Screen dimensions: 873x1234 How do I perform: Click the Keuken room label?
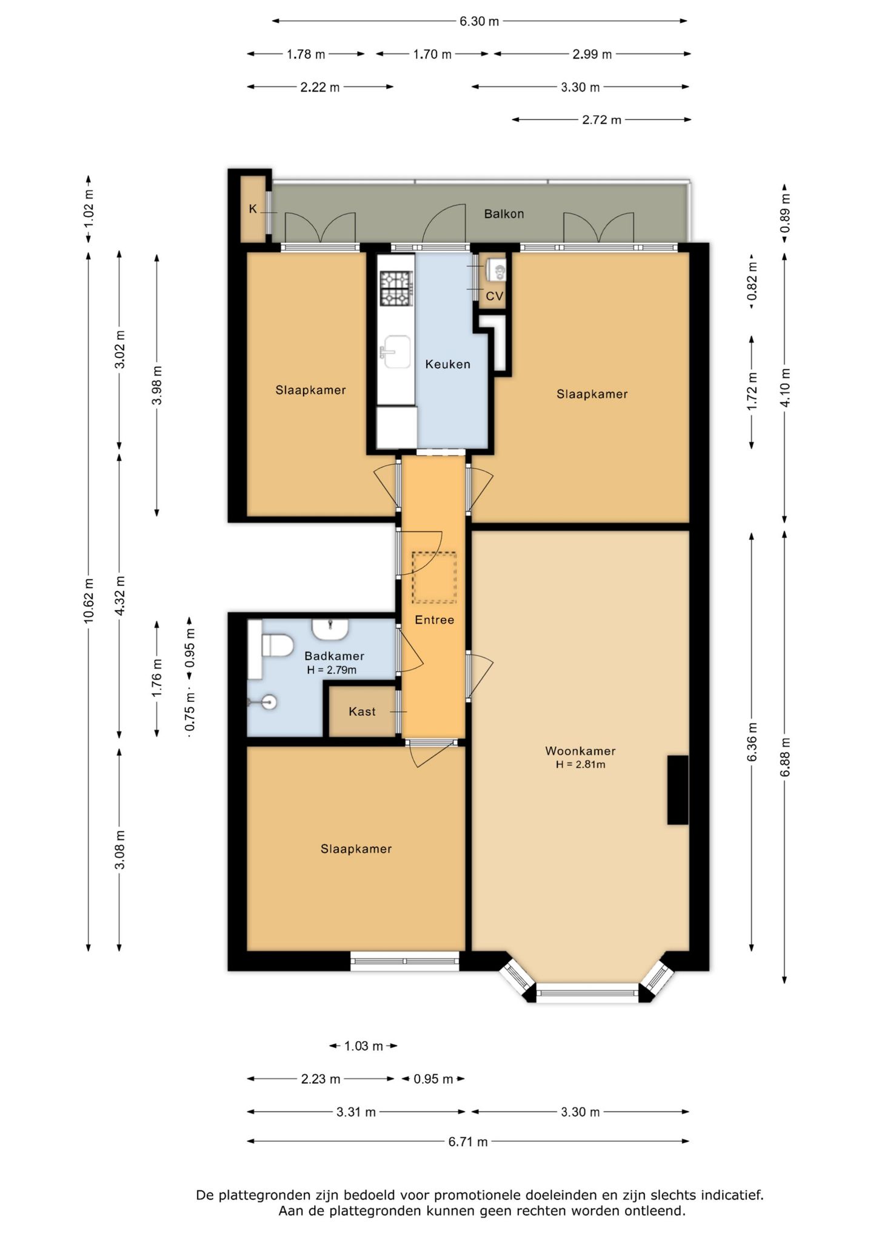point(447,364)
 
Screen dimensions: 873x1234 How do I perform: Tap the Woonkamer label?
point(580,751)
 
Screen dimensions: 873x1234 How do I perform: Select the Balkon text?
point(504,214)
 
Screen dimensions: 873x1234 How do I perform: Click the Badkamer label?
point(334,656)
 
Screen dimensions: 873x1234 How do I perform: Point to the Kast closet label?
point(362,712)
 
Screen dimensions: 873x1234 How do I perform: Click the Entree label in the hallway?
point(434,620)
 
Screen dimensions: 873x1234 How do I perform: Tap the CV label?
point(495,296)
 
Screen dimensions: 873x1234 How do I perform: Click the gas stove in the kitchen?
point(396,288)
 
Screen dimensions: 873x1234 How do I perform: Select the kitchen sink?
point(395,352)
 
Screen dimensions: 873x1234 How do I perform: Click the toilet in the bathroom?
point(277,645)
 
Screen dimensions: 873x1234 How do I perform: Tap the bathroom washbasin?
point(330,629)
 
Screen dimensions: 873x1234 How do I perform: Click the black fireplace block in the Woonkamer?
point(678,790)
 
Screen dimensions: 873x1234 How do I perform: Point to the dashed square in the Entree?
point(434,578)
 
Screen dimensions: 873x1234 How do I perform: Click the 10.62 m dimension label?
point(89,600)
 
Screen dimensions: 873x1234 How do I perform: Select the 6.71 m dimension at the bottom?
point(468,1142)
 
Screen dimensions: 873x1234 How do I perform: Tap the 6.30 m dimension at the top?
point(479,21)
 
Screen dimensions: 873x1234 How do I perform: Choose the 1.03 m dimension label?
point(364,1046)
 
